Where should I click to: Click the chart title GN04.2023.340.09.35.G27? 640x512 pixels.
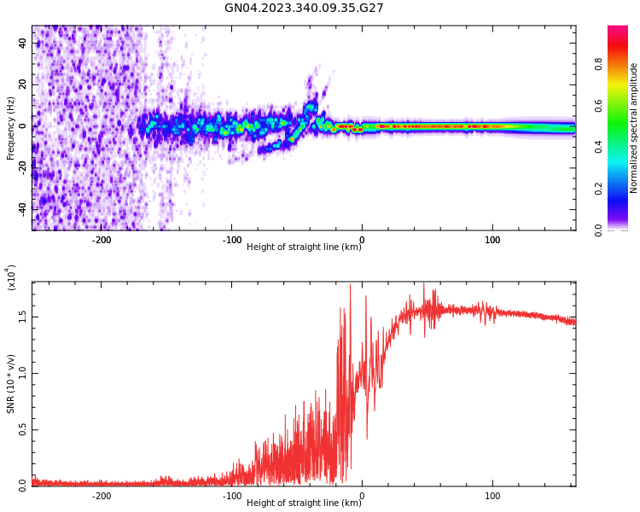pos(304,8)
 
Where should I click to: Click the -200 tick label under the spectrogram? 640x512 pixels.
pos(101,240)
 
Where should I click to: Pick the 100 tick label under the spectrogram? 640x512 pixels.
pos(492,240)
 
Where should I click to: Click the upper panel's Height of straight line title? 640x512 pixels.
pos(303,247)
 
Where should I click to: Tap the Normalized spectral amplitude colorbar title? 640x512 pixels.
pos(634,128)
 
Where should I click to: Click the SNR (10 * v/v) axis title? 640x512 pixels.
pos(11,384)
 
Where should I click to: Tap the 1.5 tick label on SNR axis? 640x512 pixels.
pos(22,316)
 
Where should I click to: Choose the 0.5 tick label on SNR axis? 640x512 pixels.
pos(22,429)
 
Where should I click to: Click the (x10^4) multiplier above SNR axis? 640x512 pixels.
pos(12,277)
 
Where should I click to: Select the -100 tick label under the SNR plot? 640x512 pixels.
pos(231,496)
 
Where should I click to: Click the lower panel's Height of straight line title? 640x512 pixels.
pos(303,503)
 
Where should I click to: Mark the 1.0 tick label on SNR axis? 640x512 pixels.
pos(22,373)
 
